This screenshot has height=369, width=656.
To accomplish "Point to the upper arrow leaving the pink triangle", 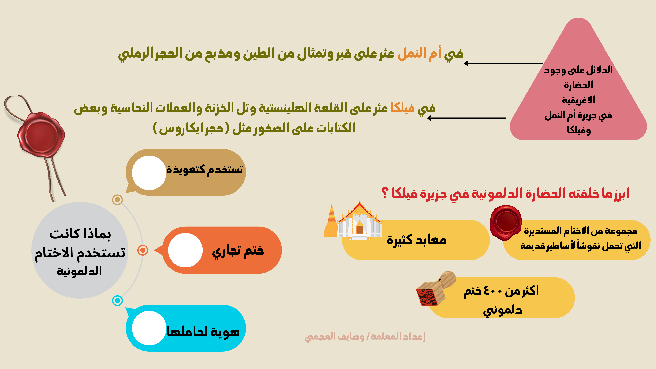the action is pyautogui.click(x=503, y=63).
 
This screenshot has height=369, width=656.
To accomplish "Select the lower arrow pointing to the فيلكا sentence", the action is pyautogui.click(x=467, y=118).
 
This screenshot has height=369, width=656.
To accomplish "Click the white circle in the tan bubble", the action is pyautogui.click(x=149, y=173).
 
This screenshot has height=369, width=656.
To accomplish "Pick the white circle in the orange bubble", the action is pyautogui.click(x=185, y=250).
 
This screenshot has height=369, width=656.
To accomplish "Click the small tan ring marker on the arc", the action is pyautogui.click(x=117, y=200).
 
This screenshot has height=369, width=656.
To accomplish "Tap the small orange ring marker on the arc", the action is pyautogui.click(x=143, y=250).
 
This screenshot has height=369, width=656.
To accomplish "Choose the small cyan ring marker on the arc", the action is pyautogui.click(x=117, y=300).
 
